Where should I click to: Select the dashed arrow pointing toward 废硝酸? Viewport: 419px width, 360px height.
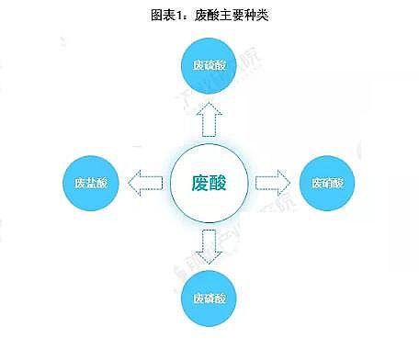272,181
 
